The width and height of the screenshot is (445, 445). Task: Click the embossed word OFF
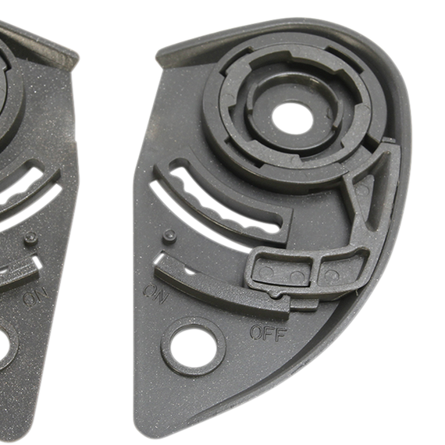[269, 333]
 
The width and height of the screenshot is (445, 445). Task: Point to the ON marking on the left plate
[35, 296]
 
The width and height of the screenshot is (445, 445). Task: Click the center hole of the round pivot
[292, 117]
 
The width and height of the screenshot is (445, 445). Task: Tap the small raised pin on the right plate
[169, 235]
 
